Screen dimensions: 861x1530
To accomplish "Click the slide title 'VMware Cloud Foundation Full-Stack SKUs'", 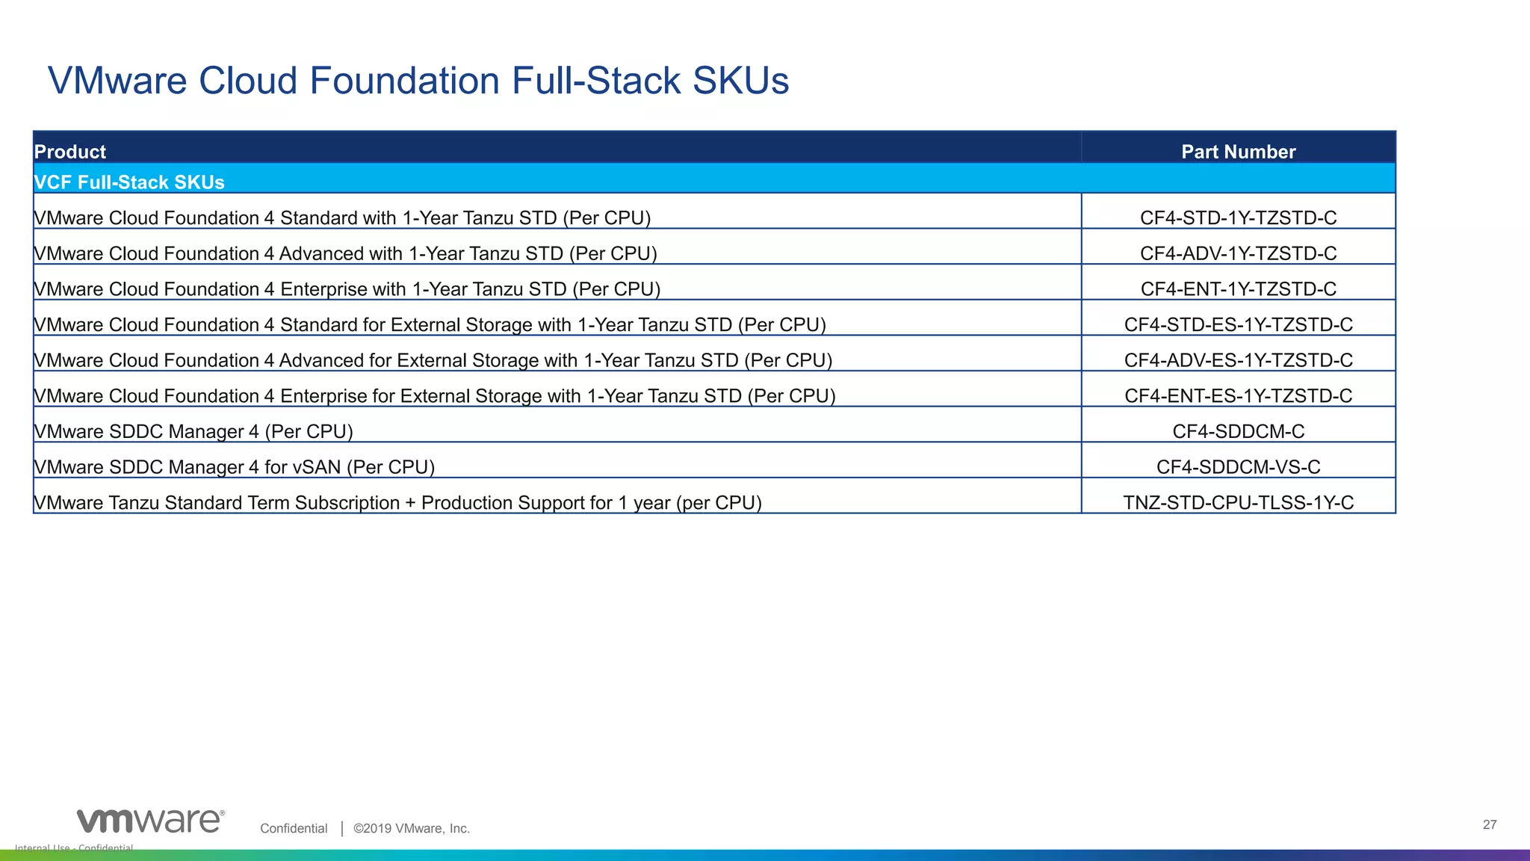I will coord(418,81).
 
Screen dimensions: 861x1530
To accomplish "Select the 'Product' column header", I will coord(70,152).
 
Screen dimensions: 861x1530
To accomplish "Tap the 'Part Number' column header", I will coord(1238,152).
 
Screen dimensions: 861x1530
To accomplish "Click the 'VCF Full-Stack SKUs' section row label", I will coord(129,182).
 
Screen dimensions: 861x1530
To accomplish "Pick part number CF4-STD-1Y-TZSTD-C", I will coord(1238,218).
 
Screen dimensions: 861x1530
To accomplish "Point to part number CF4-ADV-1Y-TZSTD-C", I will coord(1238,253).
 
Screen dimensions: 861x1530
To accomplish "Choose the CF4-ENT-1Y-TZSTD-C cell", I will coord(1238,289).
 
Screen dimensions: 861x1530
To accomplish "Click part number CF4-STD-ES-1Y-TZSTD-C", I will coord(1238,324).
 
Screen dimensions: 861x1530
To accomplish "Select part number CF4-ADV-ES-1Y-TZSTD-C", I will coord(1238,360).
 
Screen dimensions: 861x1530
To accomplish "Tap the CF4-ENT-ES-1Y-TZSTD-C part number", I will coord(1238,396).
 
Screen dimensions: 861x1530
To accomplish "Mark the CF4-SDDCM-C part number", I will coord(1238,431).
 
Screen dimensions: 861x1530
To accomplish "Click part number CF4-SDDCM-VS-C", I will coord(1238,467).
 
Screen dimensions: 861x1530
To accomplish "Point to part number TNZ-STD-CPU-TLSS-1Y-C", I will coord(1238,503).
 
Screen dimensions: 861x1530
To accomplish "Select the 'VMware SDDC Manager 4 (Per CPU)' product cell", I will coord(193,431).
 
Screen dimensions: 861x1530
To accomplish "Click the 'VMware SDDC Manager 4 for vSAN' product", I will coord(235,467).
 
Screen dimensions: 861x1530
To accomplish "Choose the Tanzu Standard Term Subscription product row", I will coord(398,503).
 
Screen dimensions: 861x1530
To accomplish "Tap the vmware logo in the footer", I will coord(150,821).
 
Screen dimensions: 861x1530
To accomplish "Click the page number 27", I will coord(1490,825).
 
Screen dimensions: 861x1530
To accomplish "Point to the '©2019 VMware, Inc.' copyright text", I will coord(412,828).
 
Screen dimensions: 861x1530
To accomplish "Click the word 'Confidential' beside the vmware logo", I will coord(294,828).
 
